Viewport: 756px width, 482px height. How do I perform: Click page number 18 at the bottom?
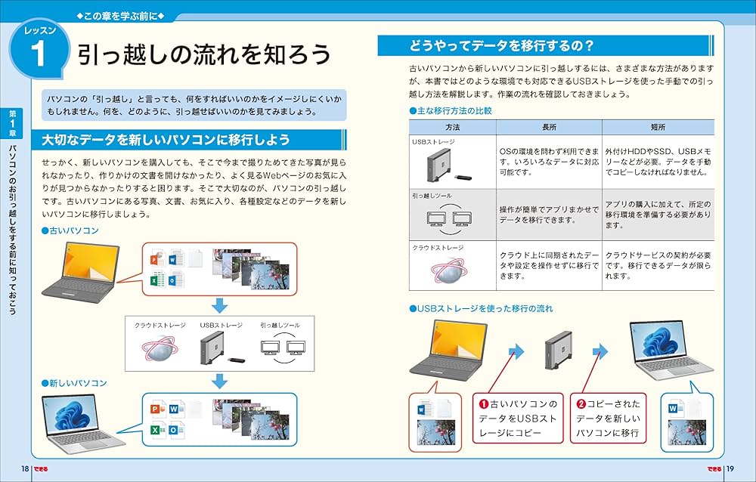click(x=25, y=469)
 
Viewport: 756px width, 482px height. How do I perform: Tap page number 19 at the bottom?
click(x=730, y=469)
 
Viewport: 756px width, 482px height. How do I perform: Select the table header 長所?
click(x=549, y=127)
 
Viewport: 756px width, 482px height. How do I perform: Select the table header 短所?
click(x=657, y=127)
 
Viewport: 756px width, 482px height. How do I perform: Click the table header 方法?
click(x=452, y=127)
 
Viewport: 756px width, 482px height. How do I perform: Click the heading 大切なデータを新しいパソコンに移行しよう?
click(x=166, y=140)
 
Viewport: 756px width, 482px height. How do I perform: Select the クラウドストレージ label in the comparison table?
click(x=438, y=248)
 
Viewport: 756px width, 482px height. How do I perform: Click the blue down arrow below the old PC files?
click(x=219, y=305)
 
